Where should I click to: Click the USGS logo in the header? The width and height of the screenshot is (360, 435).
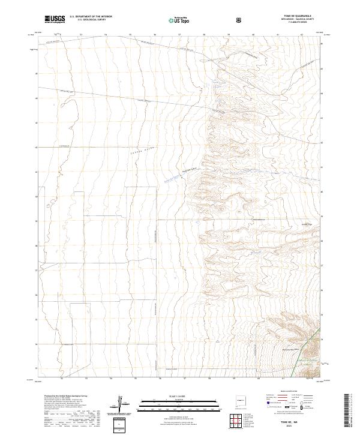55,19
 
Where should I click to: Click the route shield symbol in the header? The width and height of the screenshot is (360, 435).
239,20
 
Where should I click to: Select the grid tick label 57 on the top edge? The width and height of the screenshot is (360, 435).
179,35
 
